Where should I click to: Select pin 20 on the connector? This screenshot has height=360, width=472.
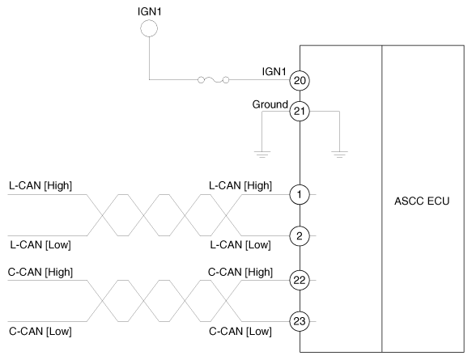300,80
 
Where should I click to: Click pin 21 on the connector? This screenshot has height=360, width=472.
300,112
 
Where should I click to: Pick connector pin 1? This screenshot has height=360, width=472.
300,195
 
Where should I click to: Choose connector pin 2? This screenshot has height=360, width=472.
300,235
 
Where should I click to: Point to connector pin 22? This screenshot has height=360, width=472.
300,279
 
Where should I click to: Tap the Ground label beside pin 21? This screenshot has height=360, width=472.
270,104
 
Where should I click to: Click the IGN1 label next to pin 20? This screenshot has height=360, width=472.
274,71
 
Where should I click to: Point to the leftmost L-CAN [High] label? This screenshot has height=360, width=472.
40,186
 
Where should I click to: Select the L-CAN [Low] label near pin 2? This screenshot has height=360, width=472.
240,244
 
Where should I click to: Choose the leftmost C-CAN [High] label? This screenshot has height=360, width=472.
40,270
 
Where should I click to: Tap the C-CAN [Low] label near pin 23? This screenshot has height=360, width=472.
240,331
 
